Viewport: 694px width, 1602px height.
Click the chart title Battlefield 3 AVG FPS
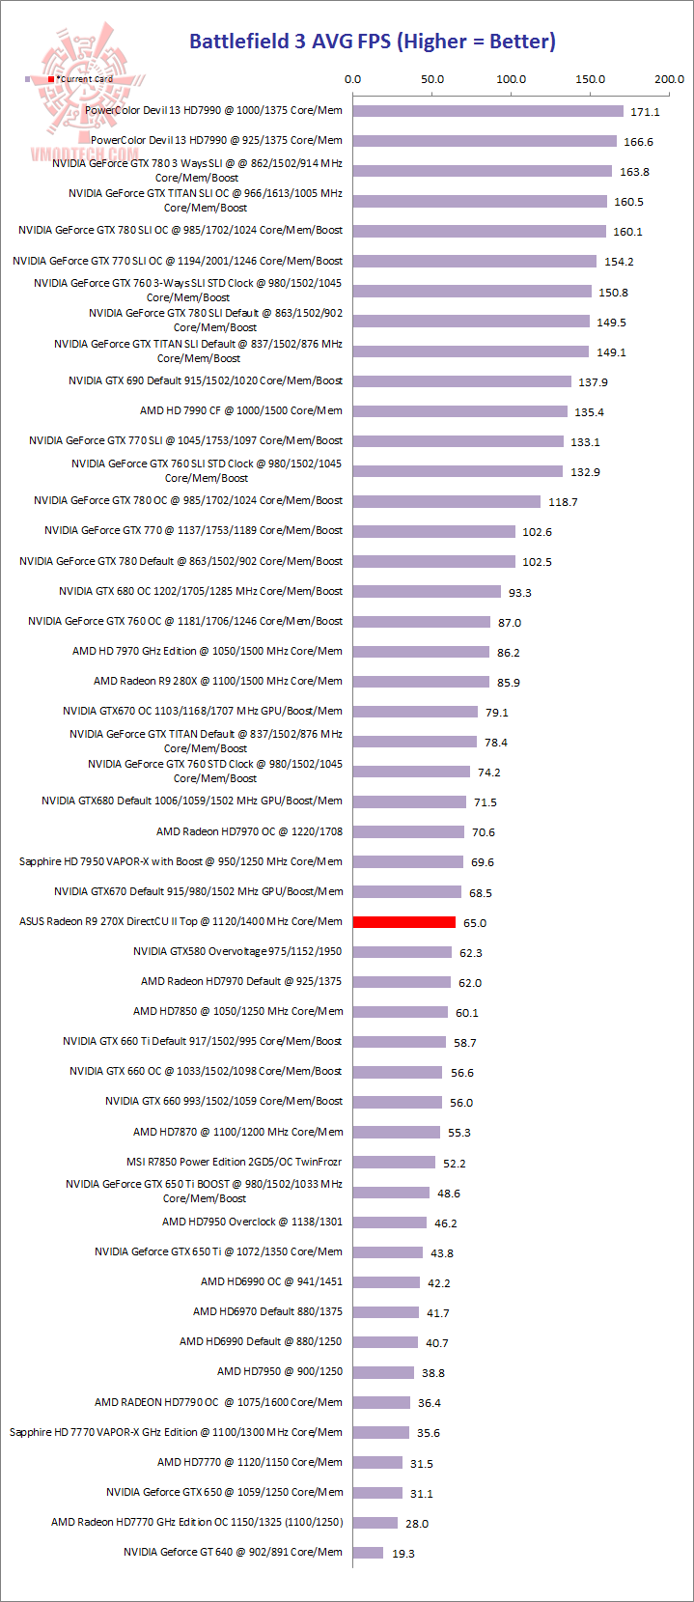coord(372,42)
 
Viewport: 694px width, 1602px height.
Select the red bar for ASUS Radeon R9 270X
coord(403,922)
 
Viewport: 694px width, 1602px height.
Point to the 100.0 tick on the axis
coord(511,79)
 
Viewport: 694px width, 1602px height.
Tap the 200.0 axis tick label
coord(669,79)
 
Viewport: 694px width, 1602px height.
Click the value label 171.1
coord(645,112)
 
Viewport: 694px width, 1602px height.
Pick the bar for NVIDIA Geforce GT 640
coord(368,1553)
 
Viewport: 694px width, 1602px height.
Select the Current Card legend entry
coord(82,79)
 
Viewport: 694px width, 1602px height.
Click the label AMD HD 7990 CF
coord(240,410)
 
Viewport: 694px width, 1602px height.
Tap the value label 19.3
coord(403,1554)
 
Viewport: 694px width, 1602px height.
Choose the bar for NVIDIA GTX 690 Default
coord(461,381)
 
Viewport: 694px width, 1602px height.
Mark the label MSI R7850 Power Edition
coord(234,1162)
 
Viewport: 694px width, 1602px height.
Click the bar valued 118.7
coord(446,501)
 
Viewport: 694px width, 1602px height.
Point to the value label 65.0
coord(475,923)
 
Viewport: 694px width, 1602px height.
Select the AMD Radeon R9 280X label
coord(217,681)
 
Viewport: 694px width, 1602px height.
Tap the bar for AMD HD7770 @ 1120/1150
coord(377,1463)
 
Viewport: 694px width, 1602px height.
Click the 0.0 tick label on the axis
coord(353,79)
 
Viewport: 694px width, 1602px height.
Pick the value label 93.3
coord(520,593)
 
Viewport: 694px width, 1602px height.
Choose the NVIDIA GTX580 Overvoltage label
coord(237,951)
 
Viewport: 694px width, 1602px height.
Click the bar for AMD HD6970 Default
coord(386,1312)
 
